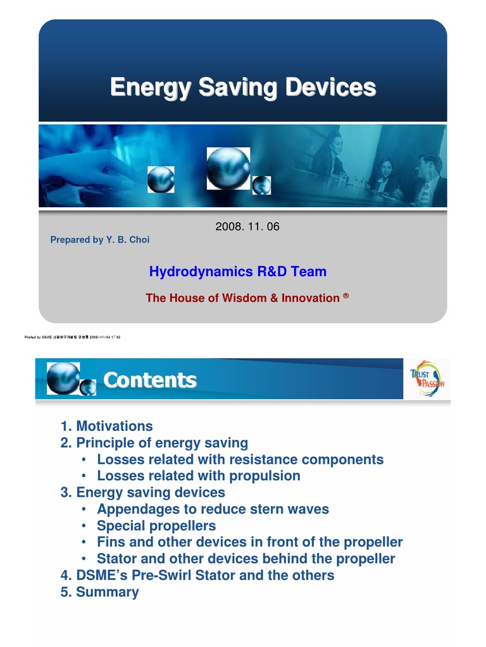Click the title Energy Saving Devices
(x=243, y=87)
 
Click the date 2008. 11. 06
(x=247, y=227)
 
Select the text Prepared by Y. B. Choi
(x=100, y=240)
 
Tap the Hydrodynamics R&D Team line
(x=238, y=272)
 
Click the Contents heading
(x=150, y=380)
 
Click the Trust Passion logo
(x=427, y=378)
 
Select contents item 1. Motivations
(x=107, y=426)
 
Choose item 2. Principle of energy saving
(x=154, y=442)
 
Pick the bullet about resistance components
(x=240, y=459)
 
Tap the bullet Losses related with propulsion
(x=198, y=476)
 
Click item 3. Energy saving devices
(x=143, y=492)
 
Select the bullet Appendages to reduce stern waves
(x=213, y=509)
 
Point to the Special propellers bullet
(x=156, y=526)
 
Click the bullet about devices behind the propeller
(x=246, y=559)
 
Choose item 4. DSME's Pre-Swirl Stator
(x=197, y=575)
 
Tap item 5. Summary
(x=100, y=592)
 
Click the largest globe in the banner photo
(x=228, y=168)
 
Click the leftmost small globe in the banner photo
(x=161, y=179)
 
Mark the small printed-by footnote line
(x=72, y=337)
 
